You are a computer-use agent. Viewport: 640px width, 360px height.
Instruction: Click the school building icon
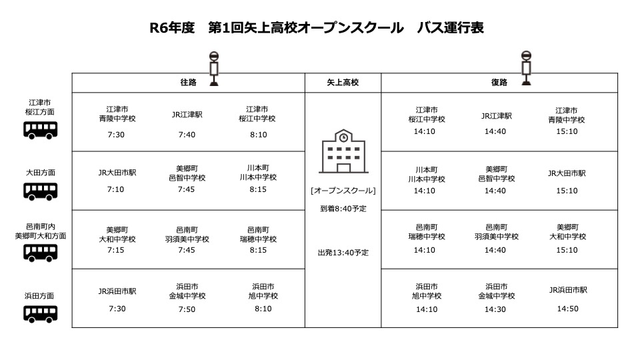pyautogui.click(x=343, y=151)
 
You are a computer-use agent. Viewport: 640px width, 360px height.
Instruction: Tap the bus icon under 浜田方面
pyautogui.click(x=40, y=314)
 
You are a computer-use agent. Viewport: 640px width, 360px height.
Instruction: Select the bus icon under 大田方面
pyautogui.click(x=40, y=191)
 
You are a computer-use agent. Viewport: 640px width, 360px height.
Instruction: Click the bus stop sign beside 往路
pyautogui.click(x=214, y=69)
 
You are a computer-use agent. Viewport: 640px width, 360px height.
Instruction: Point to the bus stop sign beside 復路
pyautogui.click(x=527, y=68)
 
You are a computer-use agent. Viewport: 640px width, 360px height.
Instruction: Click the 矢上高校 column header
pyautogui.click(x=343, y=83)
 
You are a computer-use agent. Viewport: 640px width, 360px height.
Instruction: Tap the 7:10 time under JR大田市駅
pyautogui.click(x=115, y=189)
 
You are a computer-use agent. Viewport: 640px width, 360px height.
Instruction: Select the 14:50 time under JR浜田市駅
pyautogui.click(x=568, y=309)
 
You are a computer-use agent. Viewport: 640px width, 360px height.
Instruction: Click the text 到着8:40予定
pyautogui.click(x=343, y=209)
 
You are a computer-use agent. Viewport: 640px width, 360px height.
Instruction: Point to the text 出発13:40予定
pyautogui.click(x=343, y=253)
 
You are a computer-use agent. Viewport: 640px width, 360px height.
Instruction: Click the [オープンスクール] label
pyautogui.click(x=343, y=191)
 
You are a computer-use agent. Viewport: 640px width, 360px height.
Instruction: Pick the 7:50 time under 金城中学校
pyautogui.click(x=187, y=309)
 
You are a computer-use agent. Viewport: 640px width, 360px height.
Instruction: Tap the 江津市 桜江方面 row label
pyautogui.click(x=39, y=107)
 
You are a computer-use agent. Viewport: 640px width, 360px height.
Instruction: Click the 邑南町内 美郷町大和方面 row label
pyautogui.click(x=41, y=231)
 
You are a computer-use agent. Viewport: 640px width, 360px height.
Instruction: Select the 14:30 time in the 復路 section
pyautogui.click(x=495, y=309)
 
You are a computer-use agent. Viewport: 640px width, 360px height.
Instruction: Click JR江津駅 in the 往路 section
pyautogui.click(x=187, y=115)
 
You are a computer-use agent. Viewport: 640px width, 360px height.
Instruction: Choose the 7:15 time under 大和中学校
pyautogui.click(x=115, y=250)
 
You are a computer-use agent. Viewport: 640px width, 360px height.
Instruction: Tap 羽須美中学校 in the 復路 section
pyautogui.click(x=496, y=236)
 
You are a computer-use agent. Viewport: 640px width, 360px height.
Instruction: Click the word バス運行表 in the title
pyautogui.click(x=450, y=28)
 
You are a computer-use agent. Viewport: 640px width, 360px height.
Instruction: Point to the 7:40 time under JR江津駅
pyautogui.click(x=187, y=135)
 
